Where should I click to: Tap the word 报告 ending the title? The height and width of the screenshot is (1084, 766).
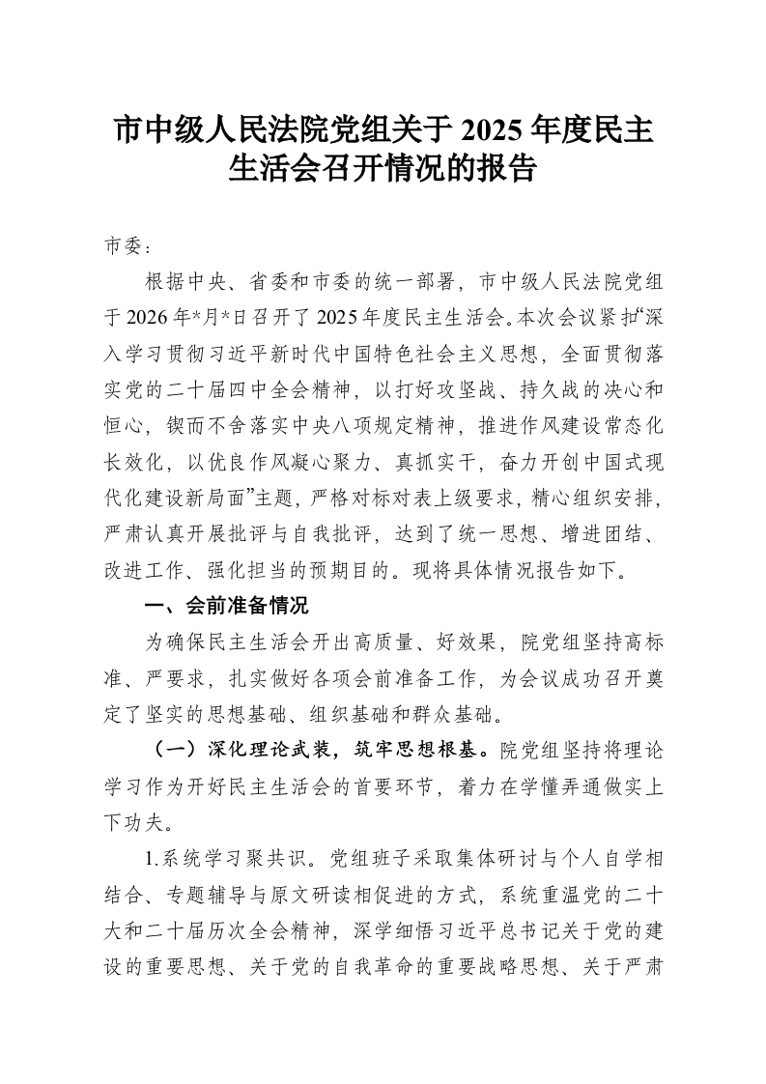(508, 171)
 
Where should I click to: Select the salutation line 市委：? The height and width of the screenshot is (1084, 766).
(128, 246)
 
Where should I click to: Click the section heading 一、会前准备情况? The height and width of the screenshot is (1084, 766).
(225, 607)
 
